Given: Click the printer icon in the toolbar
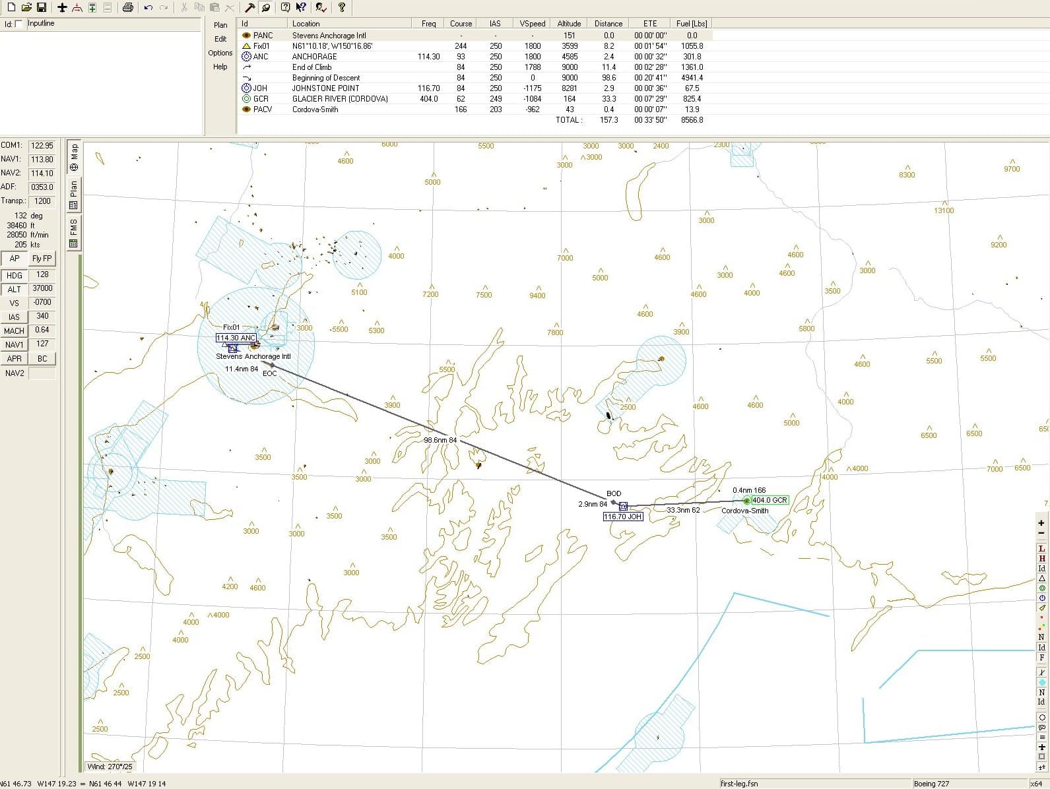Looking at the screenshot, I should tap(128, 7).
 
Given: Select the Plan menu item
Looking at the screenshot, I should tap(220, 25).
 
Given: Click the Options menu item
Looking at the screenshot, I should tap(220, 53).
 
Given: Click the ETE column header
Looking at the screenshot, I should tap(650, 23).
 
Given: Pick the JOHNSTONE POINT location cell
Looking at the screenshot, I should tap(326, 88).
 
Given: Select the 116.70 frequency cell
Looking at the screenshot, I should tap(428, 88).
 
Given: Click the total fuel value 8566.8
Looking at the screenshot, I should tap(692, 120).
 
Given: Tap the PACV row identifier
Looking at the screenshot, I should tap(263, 110).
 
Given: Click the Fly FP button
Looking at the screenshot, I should tap(42, 259).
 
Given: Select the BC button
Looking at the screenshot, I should tap(42, 359).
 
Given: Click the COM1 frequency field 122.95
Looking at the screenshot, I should tap(42, 145).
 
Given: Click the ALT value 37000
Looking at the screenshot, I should tap(42, 288).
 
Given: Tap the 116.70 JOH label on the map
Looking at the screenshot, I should tap(623, 517).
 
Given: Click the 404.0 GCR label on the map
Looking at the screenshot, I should tap(770, 500).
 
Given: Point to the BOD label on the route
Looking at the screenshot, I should tap(614, 493).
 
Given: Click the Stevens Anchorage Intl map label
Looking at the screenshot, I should tap(253, 356).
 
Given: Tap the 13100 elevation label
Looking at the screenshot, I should tap(944, 210).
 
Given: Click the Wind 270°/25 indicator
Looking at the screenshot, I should tap(110, 767).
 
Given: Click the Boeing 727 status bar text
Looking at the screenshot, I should tap(931, 784).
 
